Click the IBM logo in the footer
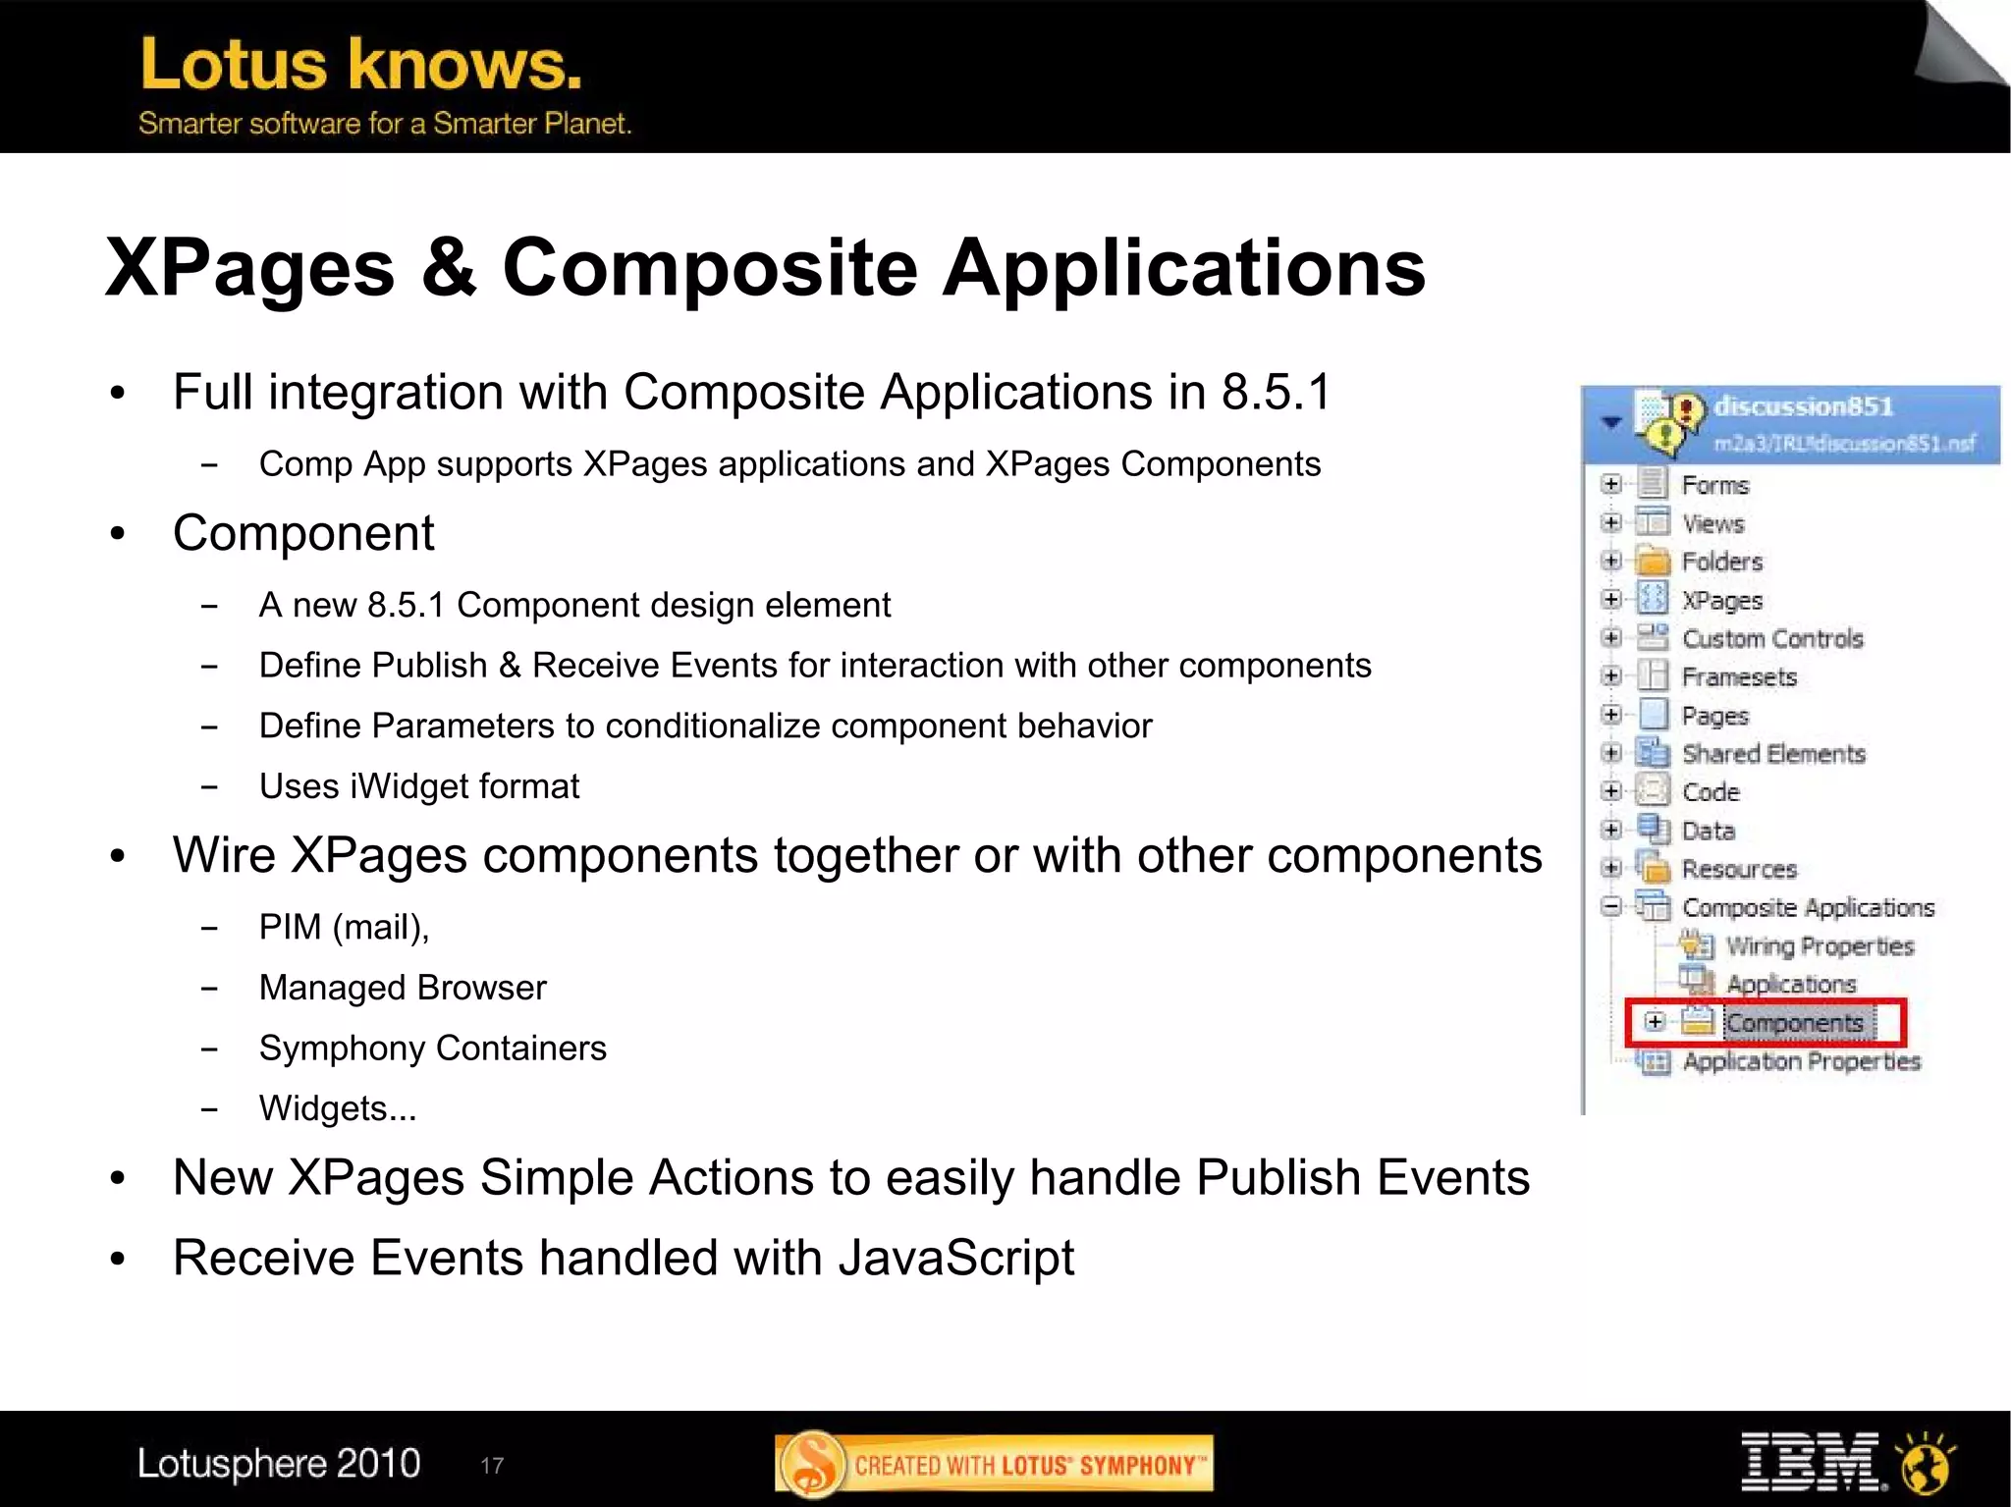pyautogui.click(x=1811, y=1462)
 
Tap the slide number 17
pyautogui.click(x=492, y=1466)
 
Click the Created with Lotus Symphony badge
pyautogui.click(x=994, y=1464)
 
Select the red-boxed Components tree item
pyautogui.click(x=1794, y=1023)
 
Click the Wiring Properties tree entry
pyautogui.click(x=1820, y=946)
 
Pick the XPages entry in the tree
pyautogui.click(x=1721, y=600)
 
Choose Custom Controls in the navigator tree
pyautogui.click(x=1771, y=639)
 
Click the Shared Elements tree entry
pyautogui.click(x=1772, y=754)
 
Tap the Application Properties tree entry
pyautogui.click(x=1801, y=1061)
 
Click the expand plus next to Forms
pyautogui.click(x=1610, y=484)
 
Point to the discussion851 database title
pyautogui.click(x=1803, y=406)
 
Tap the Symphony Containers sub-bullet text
pyautogui.click(x=432, y=1048)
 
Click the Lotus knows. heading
pyautogui.click(x=360, y=65)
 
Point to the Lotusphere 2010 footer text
pyautogui.click(x=279, y=1463)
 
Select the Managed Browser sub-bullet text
pyautogui.click(x=402, y=987)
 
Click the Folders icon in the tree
pyautogui.click(x=1654, y=562)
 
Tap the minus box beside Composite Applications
pyautogui.click(x=1610, y=906)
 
